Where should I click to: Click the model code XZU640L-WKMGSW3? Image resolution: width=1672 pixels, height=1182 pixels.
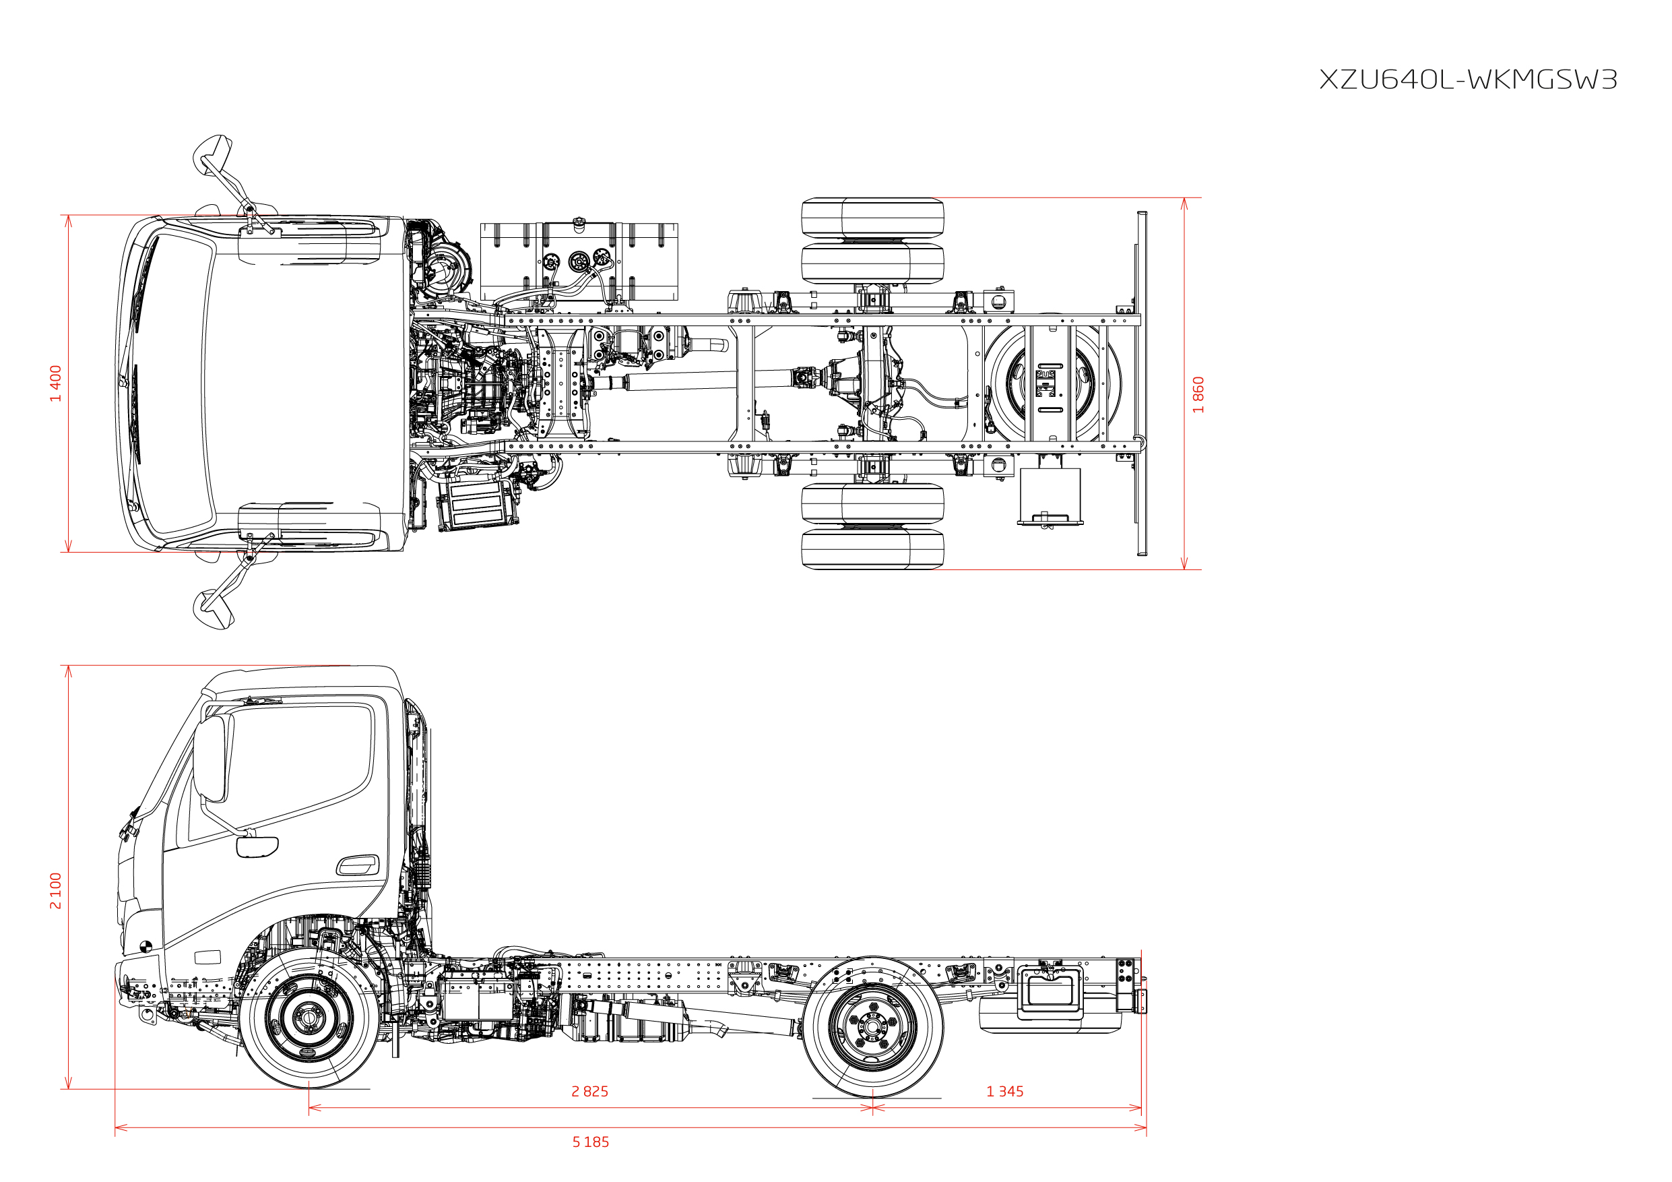coord(1468,80)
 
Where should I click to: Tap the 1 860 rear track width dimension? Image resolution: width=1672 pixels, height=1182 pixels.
coord(1198,395)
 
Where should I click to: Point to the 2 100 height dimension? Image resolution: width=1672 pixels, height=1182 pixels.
coord(55,890)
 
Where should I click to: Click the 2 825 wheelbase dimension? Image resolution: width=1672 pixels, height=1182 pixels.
coord(590,1091)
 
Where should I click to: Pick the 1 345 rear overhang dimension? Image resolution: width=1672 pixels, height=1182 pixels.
coord(1005,1091)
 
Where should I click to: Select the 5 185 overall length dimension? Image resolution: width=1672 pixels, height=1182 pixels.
coord(591,1142)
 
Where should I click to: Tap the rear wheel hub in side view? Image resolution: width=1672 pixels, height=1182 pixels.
coord(872,1026)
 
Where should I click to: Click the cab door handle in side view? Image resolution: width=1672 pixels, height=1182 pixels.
coord(358,865)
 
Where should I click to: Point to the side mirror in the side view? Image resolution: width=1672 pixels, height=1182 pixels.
coord(213,758)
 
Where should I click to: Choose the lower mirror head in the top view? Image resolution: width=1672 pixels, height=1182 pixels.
coord(213,609)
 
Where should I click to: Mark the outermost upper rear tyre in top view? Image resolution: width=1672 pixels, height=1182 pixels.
coord(872,217)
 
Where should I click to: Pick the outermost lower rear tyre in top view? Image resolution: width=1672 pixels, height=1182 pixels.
coord(872,549)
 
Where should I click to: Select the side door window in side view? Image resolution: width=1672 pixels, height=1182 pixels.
coord(284,772)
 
